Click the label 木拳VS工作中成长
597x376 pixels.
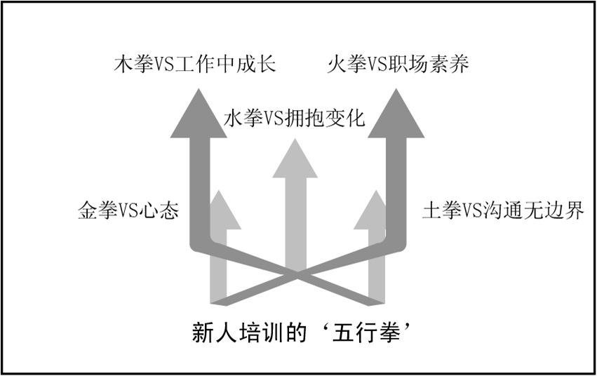[194, 65]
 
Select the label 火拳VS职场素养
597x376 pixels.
[398, 65]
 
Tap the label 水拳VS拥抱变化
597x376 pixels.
[295, 117]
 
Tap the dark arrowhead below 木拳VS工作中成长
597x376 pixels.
[199, 116]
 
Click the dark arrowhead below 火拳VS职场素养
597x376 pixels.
[396, 116]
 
